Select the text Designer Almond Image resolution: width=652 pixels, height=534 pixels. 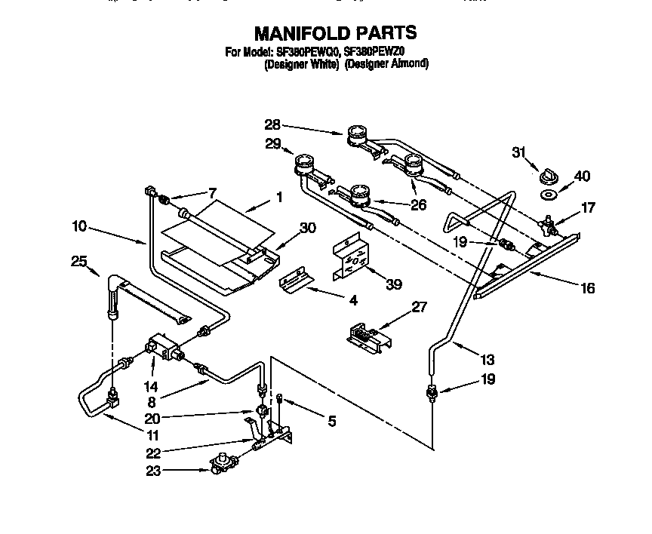tap(387, 64)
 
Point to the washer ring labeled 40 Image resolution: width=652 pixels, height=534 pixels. tap(549, 195)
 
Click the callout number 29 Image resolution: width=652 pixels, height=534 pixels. tap(272, 143)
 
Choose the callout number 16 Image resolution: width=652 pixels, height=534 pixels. tap(587, 287)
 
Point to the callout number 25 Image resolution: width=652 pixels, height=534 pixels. tap(79, 261)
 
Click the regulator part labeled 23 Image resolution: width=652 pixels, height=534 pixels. tap(223, 463)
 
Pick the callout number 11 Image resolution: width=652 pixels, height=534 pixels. tap(153, 434)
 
